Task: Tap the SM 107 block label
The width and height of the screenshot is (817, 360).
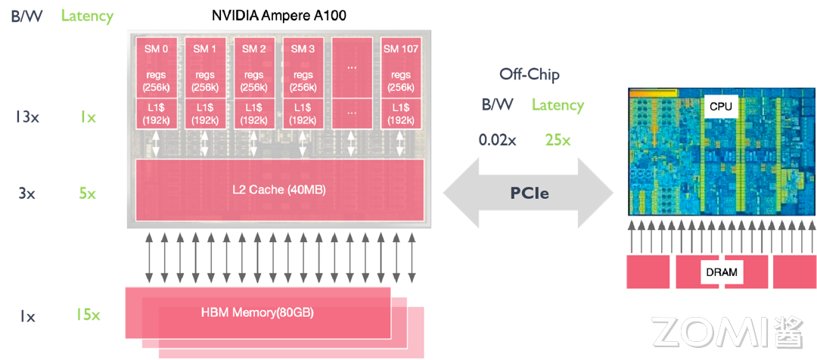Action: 401,49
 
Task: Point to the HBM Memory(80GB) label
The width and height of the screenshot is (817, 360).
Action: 257,312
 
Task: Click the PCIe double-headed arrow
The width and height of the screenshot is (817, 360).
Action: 528,193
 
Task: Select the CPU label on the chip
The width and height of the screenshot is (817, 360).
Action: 720,107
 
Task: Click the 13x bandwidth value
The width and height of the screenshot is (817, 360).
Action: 27,117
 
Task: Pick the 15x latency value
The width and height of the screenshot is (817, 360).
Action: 88,315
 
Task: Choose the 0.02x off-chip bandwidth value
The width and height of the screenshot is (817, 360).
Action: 498,140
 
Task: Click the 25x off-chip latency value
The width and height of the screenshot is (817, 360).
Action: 558,140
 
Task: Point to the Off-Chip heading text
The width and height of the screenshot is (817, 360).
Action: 530,74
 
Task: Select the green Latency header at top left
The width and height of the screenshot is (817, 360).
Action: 87,16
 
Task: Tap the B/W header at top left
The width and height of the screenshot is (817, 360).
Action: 27,16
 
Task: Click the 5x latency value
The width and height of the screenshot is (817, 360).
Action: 88,194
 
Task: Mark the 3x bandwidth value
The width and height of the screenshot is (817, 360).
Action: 27,194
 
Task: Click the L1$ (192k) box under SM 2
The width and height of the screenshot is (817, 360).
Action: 253,115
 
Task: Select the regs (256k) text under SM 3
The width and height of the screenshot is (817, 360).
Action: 303,80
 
